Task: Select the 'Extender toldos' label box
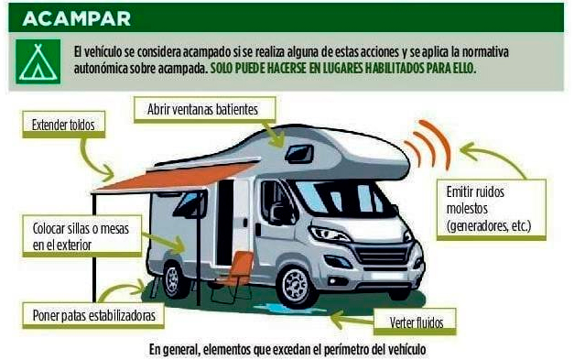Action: click(x=62, y=124)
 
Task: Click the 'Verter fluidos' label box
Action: click(x=415, y=322)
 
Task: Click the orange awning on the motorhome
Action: click(x=174, y=175)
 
